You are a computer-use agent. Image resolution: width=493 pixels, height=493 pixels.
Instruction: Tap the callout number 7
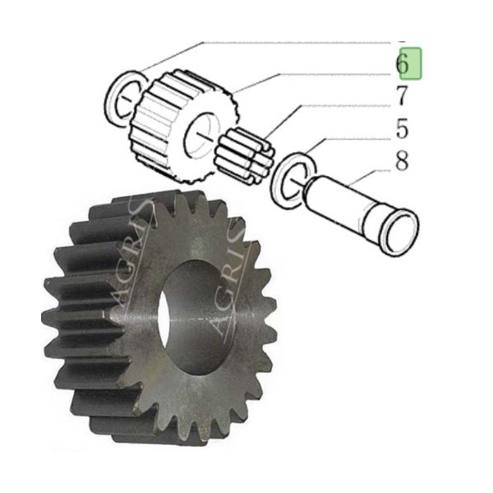point(402,96)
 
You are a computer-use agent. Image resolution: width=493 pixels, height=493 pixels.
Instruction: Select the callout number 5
point(402,128)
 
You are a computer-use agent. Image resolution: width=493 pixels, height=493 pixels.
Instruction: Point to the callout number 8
point(402,161)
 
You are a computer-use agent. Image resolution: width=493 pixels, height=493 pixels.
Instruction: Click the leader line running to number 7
point(329,105)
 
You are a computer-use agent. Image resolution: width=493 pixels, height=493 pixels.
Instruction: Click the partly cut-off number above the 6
point(402,38)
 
